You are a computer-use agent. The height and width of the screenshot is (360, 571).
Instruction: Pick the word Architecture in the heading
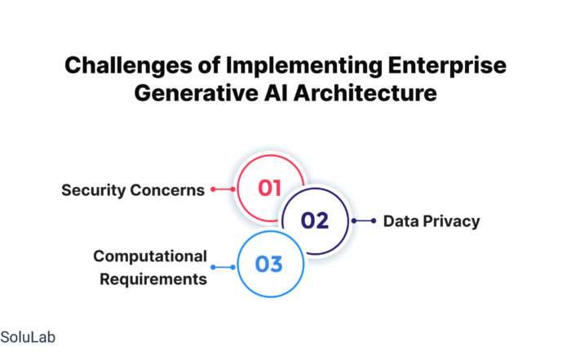point(365,92)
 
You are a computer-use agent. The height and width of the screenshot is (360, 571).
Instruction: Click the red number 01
point(269,189)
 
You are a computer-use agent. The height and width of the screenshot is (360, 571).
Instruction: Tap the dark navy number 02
point(315,220)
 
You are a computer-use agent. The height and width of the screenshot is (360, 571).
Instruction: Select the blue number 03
point(269,264)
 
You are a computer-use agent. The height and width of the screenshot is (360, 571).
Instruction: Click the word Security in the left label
point(94,190)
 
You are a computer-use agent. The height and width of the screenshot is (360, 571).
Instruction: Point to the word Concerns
point(167,190)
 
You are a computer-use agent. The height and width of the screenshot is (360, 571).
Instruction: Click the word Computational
point(150,256)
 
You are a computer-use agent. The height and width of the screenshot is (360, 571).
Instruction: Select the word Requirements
point(153,280)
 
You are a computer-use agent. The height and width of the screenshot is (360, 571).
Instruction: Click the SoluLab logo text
point(28,337)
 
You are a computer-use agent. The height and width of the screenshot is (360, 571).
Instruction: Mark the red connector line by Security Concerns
point(223,189)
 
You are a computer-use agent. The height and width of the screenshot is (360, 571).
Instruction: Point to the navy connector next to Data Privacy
point(364,220)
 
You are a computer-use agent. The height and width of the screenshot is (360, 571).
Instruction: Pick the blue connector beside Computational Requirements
point(223,268)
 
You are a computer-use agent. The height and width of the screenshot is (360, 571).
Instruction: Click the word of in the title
point(209,66)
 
